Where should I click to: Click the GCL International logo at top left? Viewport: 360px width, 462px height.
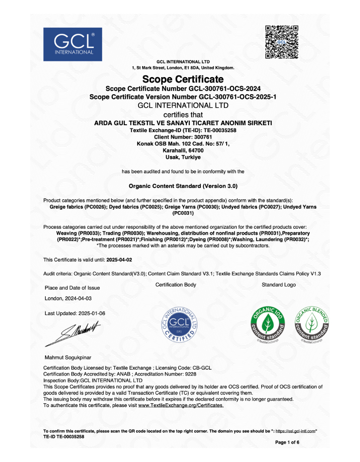pyautogui.click(x=72, y=44)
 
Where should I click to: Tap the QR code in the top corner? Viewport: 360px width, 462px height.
pyautogui.click(x=282, y=43)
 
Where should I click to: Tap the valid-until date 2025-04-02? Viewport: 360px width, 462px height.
pyautogui.click(x=119, y=260)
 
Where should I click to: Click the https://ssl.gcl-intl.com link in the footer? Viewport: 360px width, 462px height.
pyautogui.click(x=295, y=431)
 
